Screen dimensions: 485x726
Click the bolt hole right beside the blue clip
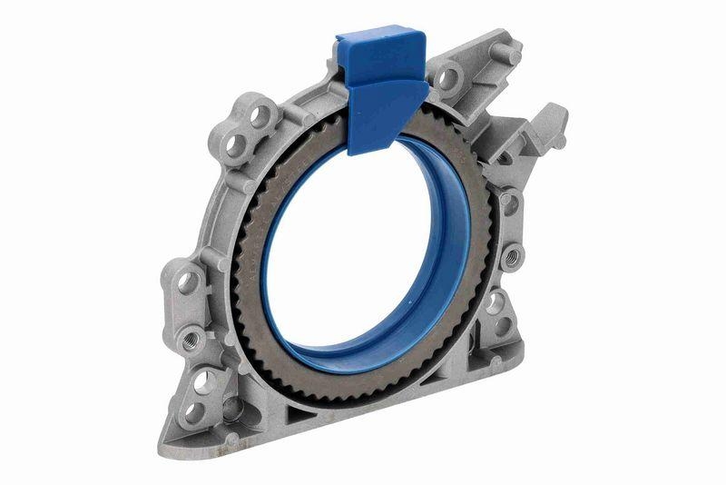point(446,79)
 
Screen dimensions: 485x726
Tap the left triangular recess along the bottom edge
point(300,416)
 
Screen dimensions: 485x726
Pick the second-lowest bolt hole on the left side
point(205,381)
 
